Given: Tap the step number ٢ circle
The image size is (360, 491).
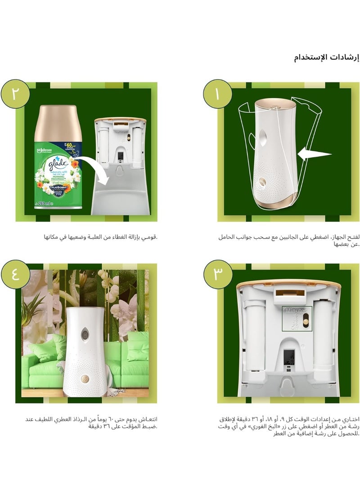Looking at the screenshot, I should pos(16,95).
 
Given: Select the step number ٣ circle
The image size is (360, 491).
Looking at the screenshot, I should pos(217,273).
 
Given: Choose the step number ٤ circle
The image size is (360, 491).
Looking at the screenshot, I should pos(16,273).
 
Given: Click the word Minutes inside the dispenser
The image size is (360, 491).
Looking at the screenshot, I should pos(295,311).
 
